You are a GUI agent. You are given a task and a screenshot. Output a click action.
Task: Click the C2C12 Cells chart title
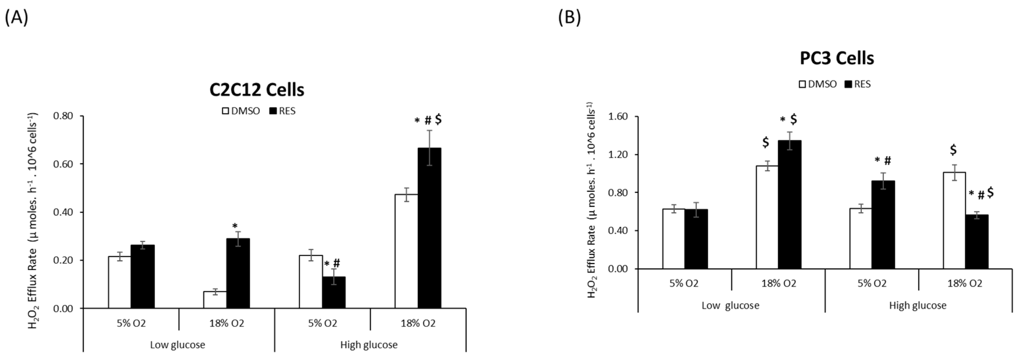[x=257, y=90]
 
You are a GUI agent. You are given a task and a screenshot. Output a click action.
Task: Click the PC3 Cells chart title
[x=837, y=58]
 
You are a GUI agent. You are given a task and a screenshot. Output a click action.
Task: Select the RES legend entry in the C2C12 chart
[x=282, y=111]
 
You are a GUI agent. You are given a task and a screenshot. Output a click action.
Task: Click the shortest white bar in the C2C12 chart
[x=215, y=300]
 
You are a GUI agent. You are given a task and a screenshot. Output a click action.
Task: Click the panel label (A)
[x=16, y=18]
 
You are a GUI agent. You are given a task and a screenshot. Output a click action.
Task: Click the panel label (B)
[x=569, y=18]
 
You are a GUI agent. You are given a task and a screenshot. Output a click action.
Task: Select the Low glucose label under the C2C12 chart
[x=177, y=345]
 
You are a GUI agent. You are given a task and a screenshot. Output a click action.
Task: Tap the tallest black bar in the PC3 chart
[x=789, y=204]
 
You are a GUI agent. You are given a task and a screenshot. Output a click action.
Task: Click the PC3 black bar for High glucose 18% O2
[x=977, y=241]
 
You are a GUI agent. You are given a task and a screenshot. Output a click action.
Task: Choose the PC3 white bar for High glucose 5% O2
[x=860, y=239]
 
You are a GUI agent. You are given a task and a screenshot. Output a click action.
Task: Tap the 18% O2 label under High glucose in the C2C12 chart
[x=418, y=324]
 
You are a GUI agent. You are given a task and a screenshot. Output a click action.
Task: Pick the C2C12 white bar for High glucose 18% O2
[x=406, y=251]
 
